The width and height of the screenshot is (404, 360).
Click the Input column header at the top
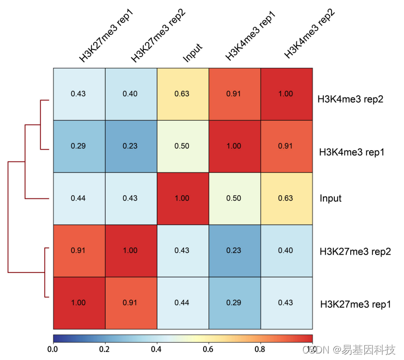193,53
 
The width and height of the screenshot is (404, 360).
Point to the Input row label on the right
330,198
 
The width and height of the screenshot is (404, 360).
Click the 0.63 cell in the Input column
182,94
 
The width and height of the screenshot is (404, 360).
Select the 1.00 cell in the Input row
182,198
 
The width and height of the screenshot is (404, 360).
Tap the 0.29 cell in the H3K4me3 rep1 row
78,146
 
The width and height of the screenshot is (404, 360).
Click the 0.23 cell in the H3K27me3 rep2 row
234,251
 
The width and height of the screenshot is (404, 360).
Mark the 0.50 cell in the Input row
234,198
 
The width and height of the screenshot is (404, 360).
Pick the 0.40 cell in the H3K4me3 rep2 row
130,94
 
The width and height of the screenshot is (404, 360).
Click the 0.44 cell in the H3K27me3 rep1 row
182,303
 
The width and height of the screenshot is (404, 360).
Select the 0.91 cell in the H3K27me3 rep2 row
78,251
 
